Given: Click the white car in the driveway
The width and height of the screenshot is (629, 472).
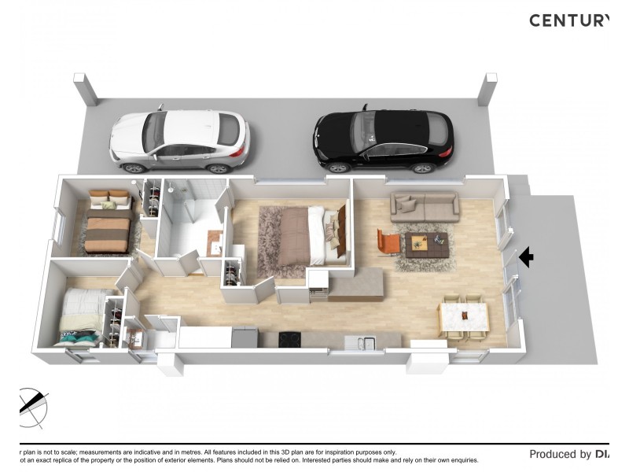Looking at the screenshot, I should tap(180, 141).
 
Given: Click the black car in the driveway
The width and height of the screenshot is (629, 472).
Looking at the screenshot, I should tap(384, 140).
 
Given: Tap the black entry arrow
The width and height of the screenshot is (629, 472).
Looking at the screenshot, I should tap(526, 256).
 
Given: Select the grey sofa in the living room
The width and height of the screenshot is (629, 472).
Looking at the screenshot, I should tap(425, 207).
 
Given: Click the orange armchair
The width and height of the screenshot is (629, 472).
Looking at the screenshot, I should tap(388, 242).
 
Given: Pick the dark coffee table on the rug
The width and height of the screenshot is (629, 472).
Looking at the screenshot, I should tap(427, 245).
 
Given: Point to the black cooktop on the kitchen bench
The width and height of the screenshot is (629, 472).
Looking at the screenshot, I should tap(289, 339).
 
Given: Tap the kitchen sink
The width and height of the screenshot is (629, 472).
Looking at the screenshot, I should tap(366, 342).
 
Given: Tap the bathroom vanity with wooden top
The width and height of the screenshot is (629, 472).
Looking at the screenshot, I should tap(215, 243).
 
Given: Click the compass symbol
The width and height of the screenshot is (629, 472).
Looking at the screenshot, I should tap(31, 407).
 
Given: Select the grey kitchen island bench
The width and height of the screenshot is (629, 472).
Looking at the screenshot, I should tap(355, 284).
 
